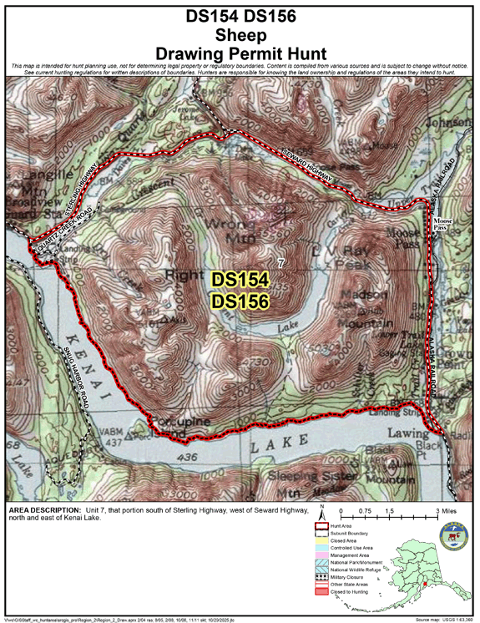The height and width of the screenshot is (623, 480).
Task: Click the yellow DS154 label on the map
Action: (240, 281)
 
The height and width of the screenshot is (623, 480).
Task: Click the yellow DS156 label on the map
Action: (240, 301)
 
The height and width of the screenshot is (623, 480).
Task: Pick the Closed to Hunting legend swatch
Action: (320, 592)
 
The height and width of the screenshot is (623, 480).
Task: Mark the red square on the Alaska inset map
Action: (427, 585)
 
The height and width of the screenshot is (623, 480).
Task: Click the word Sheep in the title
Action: (240, 34)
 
